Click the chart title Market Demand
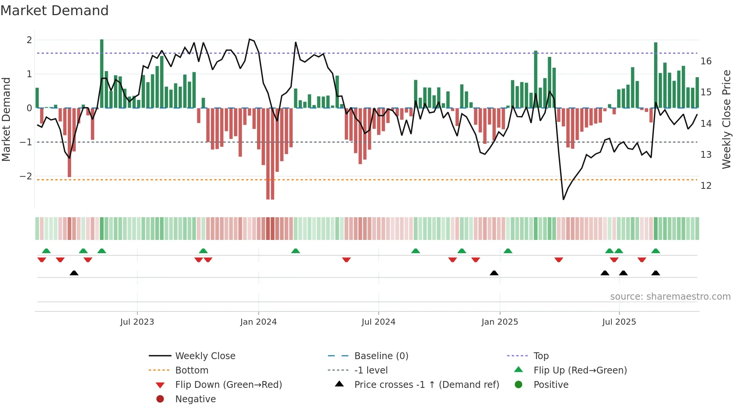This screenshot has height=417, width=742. [x=55, y=11]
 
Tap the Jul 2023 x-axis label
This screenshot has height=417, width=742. [x=137, y=322]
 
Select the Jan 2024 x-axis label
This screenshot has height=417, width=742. [x=259, y=322]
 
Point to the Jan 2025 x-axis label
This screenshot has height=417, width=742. [x=500, y=322]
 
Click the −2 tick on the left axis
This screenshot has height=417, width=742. [x=26, y=176]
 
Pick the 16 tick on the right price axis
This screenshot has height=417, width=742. [x=706, y=61]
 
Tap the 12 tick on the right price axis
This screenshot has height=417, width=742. [x=706, y=186]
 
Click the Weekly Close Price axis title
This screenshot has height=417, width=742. [x=726, y=119]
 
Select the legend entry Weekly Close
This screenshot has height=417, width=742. [x=205, y=356]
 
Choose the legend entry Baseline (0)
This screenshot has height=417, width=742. [x=381, y=356]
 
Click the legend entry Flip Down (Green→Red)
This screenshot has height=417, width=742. [x=228, y=385]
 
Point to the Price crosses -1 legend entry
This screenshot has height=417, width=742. [x=427, y=385]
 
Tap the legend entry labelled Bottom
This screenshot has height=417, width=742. [x=192, y=370]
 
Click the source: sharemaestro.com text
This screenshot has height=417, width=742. [x=670, y=297]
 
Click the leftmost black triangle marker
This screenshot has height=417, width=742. [x=74, y=273]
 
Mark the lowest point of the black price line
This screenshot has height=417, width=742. [x=563, y=199]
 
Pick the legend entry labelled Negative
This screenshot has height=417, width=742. [x=195, y=399]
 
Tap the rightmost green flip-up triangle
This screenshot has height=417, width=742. [x=656, y=251]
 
